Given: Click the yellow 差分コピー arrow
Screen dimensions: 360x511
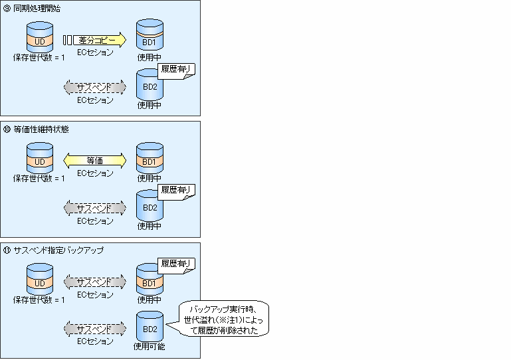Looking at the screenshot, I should (97, 40).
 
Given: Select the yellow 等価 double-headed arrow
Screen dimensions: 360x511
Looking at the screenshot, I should (94, 160).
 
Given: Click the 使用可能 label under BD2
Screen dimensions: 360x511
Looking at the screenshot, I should (149, 346).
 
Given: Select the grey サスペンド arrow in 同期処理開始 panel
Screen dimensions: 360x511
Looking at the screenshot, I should (94, 87).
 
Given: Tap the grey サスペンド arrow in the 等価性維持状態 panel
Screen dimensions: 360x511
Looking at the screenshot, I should (94, 208).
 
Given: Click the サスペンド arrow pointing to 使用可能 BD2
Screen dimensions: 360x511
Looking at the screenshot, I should (94, 329).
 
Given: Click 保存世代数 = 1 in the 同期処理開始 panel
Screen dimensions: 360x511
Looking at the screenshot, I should (39, 58).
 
